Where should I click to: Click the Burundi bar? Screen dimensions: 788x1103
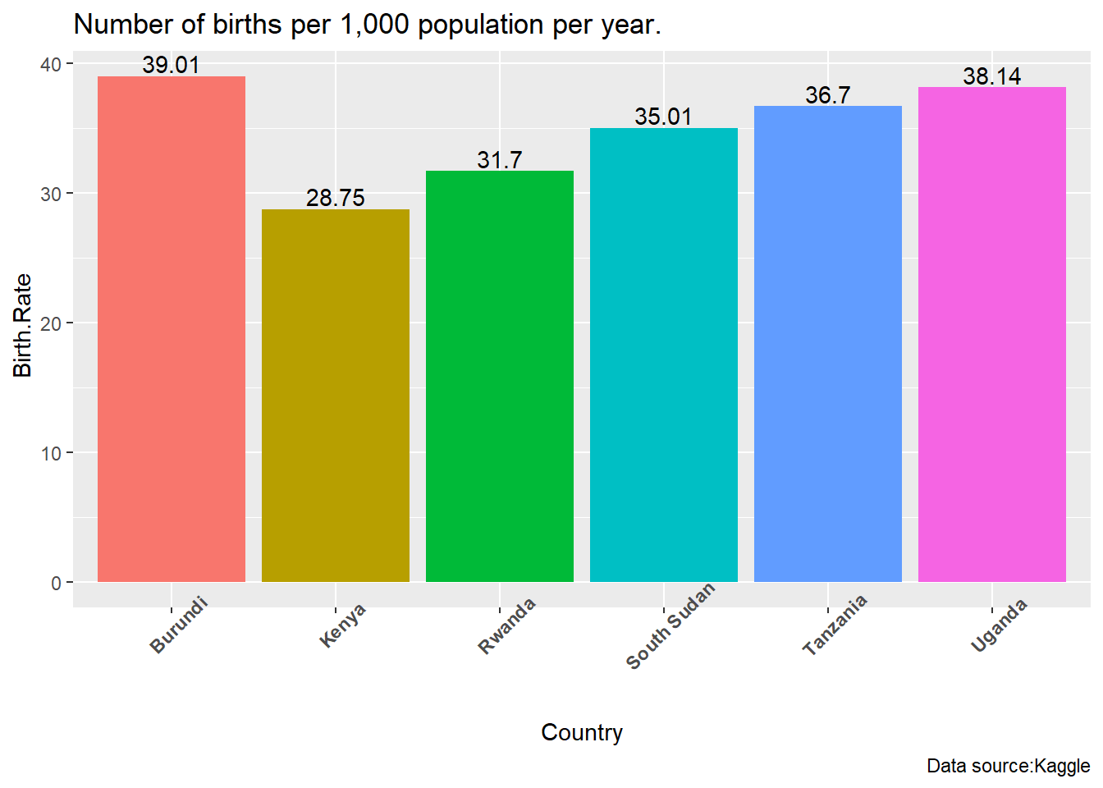(171, 328)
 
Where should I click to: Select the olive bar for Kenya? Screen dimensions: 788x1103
(335, 395)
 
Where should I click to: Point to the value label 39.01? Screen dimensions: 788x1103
(171, 65)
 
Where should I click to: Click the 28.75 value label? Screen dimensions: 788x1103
(335, 198)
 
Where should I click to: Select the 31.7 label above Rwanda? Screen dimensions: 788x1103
(499, 160)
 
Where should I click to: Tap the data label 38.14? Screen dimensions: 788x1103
(991, 76)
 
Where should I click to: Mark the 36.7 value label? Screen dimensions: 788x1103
(827, 95)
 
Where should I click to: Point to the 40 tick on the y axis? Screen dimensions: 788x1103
(51, 64)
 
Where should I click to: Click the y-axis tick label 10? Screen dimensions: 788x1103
(51, 453)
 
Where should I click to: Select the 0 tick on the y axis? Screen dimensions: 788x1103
(56, 583)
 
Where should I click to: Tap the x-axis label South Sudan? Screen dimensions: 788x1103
(670, 626)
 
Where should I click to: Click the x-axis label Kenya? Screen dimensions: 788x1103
(342, 625)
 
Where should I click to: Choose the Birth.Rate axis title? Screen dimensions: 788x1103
(23, 325)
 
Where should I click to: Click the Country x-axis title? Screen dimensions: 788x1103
(581, 732)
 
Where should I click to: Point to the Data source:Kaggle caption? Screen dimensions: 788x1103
(1008, 766)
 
